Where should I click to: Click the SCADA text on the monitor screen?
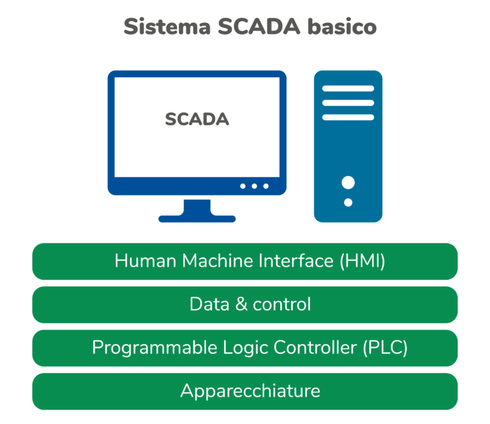click(197, 119)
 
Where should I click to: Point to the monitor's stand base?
click(197, 218)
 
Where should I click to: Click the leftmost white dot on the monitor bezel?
click(242, 186)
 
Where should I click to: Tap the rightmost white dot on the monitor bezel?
click(266, 186)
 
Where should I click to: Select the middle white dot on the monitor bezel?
click(254, 186)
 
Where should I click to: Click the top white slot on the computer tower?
click(348, 89)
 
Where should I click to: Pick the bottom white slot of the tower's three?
click(348, 117)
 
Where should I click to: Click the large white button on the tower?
click(348, 183)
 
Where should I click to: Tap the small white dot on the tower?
click(348, 203)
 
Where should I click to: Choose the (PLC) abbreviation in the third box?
click(385, 347)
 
